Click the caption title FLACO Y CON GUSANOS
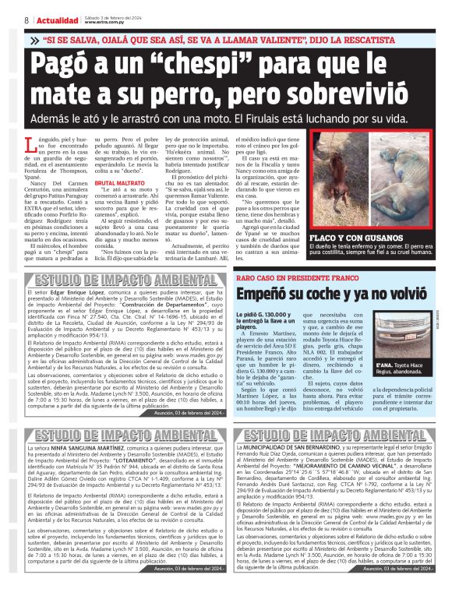pyautogui.click(x=369, y=238)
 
